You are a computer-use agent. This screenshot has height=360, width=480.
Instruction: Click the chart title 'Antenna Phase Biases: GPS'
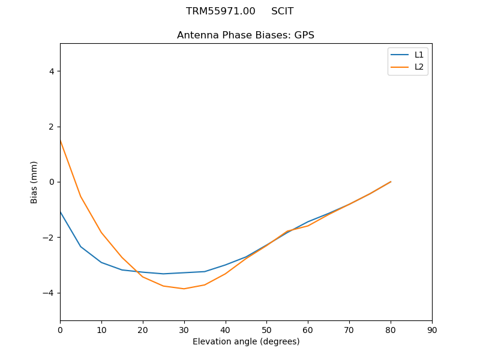coord(245,35)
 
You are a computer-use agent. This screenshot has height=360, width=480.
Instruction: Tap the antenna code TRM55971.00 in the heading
coord(220,11)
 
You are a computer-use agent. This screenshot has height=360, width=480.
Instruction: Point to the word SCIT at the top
coord(282,11)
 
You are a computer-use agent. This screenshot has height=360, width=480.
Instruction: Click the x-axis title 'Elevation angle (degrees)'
coord(246,342)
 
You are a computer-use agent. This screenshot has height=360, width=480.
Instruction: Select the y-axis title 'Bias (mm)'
coord(35,182)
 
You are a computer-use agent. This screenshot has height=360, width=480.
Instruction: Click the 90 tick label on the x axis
coord(432,329)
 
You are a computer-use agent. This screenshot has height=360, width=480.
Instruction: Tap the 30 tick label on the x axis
coord(184,329)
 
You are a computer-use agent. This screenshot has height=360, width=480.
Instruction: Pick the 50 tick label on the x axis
coord(266,329)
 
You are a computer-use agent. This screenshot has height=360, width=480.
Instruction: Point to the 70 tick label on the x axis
coord(349,329)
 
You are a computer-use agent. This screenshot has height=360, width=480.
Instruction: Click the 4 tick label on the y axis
coord(51,71)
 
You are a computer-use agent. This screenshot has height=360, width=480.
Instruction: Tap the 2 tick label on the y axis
coord(51,127)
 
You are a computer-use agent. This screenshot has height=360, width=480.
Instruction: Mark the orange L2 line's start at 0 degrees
coord(61,140)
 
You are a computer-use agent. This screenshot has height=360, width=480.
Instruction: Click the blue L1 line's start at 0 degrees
coord(61,212)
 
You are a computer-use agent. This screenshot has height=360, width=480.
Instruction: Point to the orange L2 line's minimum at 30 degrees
coord(184,289)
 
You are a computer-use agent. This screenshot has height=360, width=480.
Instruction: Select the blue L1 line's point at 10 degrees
coord(101,262)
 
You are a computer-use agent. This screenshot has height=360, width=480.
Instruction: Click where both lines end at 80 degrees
coord(391,182)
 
